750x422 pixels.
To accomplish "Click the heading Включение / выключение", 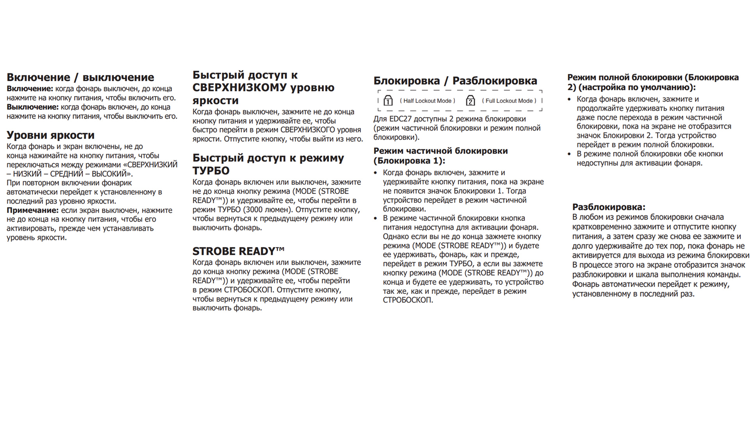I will pos(80,77).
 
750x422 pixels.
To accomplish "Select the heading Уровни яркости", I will pos(50,135).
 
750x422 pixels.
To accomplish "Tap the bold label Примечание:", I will pos(32,210).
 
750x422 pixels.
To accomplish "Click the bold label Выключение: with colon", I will pos(32,107).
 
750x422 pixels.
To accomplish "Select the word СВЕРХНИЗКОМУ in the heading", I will pos(239,88).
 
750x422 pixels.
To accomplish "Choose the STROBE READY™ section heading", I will pos(238,251).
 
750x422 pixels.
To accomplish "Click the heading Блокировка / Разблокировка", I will pos(455,81).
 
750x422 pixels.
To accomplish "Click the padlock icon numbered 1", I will pos(388,100).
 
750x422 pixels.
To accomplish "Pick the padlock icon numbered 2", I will pos(470,100).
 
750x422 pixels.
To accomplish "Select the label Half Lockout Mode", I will pos(427,101).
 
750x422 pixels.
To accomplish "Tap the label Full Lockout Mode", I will pos(509,101).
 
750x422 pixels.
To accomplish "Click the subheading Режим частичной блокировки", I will pos(441,151).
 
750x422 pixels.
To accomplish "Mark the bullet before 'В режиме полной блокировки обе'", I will pos(569,154).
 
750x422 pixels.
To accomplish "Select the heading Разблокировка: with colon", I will pos(609,207).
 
